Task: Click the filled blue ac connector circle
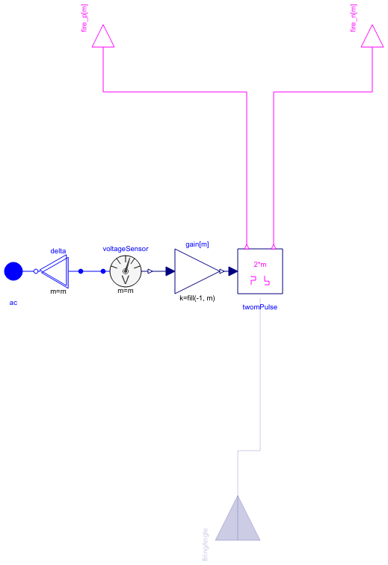[13, 271]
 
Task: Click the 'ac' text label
[13, 303]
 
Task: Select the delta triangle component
[55, 271]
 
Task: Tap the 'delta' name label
[58, 251]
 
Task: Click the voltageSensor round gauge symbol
[126, 271]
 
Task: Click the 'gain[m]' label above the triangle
[197, 244]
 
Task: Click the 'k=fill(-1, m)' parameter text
[197, 299]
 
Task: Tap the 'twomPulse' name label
[260, 307]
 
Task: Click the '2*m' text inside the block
[260, 264]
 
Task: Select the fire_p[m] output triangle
[103, 36]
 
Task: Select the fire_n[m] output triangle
[372, 36]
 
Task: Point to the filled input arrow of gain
[170, 271]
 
